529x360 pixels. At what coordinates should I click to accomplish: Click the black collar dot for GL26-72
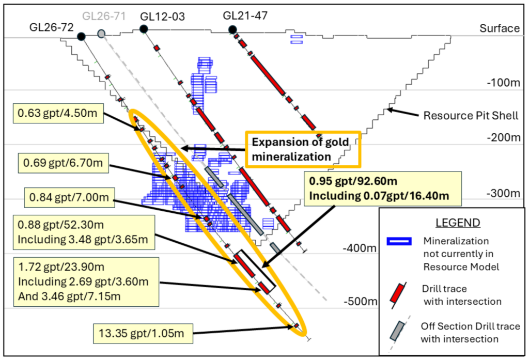(x=81, y=36)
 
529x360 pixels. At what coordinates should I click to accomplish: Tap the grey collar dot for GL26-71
(x=102, y=33)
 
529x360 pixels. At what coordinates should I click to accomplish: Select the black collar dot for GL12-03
(x=144, y=29)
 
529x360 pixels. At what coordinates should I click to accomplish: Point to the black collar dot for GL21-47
(x=232, y=28)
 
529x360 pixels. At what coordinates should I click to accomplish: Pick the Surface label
(x=499, y=28)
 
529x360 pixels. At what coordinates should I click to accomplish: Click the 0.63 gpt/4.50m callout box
(x=58, y=113)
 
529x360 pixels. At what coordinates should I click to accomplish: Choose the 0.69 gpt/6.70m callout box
(x=63, y=164)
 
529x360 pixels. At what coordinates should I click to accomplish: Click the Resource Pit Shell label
(x=470, y=115)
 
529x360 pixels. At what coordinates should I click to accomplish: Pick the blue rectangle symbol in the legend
(x=399, y=241)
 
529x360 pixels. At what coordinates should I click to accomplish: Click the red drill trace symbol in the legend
(x=399, y=294)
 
